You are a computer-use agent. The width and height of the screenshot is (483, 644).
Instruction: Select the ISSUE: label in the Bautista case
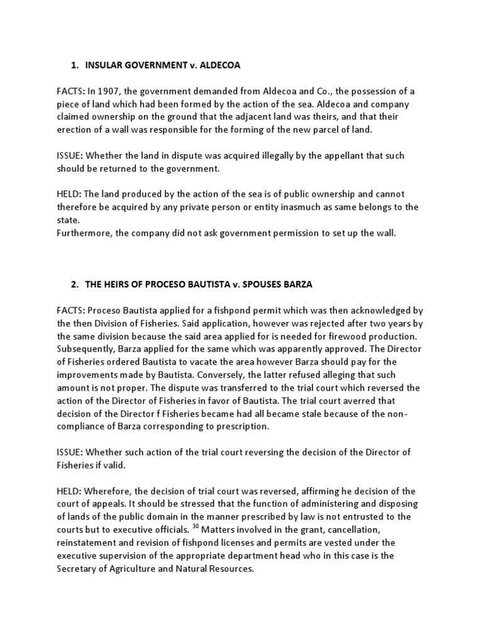69,452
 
